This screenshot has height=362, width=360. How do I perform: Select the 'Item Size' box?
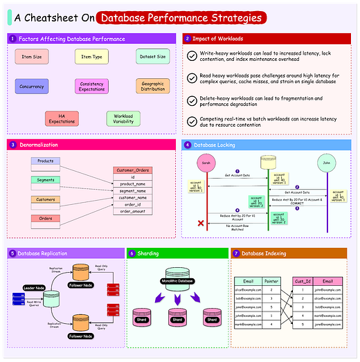click(31, 57)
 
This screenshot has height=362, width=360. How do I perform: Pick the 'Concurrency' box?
click(31, 87)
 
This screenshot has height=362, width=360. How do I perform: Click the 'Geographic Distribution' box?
click(152, 87)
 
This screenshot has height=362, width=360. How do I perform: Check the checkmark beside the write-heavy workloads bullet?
click(192, 56)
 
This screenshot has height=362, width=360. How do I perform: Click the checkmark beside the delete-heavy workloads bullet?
click(192, 100)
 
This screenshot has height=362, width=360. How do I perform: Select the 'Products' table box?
click(46, 161)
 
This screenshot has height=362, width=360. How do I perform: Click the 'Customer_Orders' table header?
click(132, 170)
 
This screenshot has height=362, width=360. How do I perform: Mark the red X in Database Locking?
click(201, 223)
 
